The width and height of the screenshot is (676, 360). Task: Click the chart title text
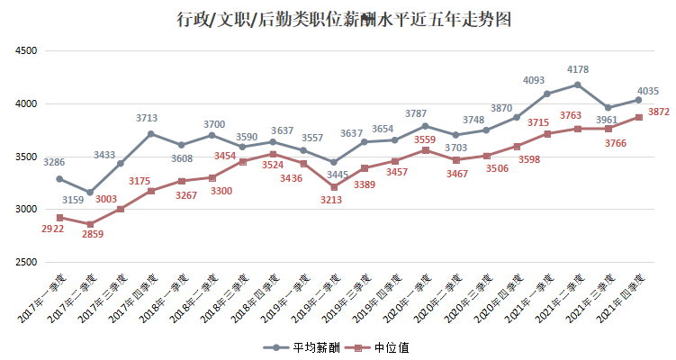338,18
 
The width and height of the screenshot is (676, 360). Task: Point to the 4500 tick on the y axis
25,51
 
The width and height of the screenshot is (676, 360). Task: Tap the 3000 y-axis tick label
25,210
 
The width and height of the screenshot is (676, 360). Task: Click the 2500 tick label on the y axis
25,263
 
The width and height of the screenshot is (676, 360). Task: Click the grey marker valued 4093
547,94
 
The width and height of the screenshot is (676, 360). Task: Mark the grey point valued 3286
59,178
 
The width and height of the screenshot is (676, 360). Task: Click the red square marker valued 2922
59,217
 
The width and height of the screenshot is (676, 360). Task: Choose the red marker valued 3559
425,149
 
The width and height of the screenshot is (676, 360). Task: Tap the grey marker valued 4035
638,100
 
